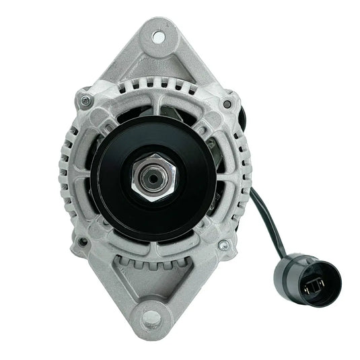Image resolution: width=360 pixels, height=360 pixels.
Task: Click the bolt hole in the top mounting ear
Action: pos(159,36)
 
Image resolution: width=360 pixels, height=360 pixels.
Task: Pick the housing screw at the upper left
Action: pos(85,101)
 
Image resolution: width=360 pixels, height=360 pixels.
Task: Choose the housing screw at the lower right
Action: pos(223,246)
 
